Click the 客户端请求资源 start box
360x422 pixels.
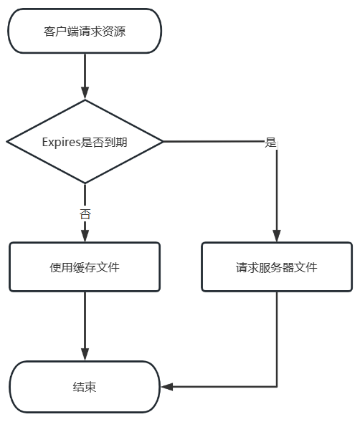(x=85, y=31)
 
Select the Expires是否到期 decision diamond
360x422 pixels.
(x=85, y=142)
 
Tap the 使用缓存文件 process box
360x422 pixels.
(x=85, y=267)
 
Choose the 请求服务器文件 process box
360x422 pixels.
(x=277, y=267)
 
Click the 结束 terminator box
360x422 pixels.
(x=85, y=387)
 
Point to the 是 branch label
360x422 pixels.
(x=270, y=143)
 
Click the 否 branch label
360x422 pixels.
(x=85, y=214)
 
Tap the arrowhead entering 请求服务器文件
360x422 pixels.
(x=277, y=236)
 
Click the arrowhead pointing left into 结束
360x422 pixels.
(x=167, y=387)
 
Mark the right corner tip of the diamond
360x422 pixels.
(x=163, y=142)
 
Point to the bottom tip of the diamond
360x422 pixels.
(x=85, y=183)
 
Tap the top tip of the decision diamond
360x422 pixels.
(x=85, y=100)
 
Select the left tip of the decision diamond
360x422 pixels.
(x=6, y=142)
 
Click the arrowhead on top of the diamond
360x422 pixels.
(x=85, y=94)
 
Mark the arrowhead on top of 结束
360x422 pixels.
(x=85, y=355)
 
